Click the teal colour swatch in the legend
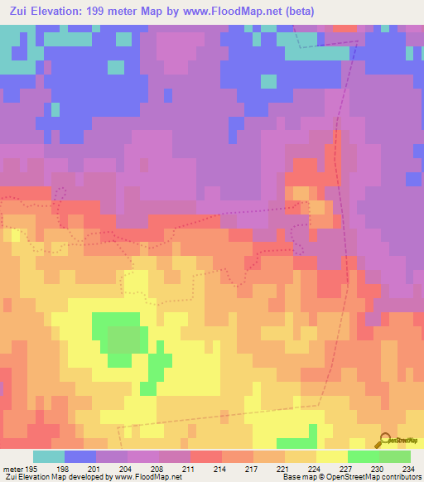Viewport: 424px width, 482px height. (48, 456)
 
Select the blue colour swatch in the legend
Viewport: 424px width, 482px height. (79, 456)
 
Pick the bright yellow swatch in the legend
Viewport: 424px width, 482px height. (331, 456)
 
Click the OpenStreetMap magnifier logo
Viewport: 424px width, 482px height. (387, 439)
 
